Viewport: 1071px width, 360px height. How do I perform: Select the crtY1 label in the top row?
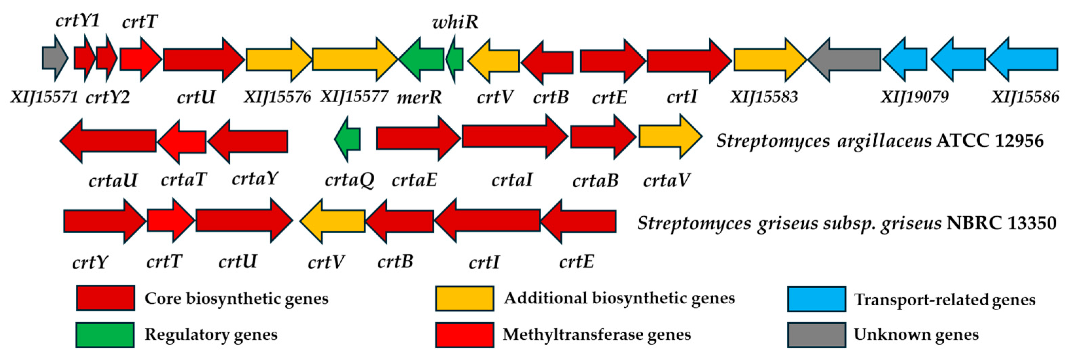[78, 20]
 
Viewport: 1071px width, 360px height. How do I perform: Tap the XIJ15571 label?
[44, 97]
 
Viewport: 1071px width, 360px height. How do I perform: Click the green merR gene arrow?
[422, 59]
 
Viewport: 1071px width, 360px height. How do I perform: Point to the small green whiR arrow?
[455, 59]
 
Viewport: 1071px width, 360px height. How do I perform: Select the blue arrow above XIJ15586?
[1022, 59]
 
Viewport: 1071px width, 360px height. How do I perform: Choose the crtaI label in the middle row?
[512, 180]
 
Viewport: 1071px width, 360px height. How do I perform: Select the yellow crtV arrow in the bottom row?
[333, 221]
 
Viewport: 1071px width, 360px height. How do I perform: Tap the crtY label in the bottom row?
[90, 262]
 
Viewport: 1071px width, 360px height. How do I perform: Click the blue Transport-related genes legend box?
[817, 299]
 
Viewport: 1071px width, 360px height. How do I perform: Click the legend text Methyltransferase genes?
[596, 335]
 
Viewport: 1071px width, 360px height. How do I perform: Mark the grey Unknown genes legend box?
[817, 335]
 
